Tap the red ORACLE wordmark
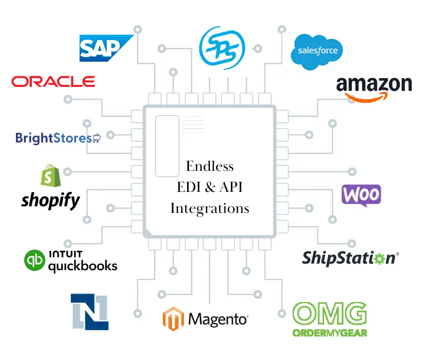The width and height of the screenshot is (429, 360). click(x=53, y=82)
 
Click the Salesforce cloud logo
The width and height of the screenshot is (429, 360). click(x=317, y=51)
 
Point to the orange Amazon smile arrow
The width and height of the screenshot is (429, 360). click(x=367, y=97)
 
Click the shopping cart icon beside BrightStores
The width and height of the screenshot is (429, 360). click(x=96, y=138)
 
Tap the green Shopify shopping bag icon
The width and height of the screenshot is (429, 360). click(x=50, y=176)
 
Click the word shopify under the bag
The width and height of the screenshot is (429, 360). click(x=50, y=200)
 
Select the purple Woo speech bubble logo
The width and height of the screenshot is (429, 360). click(x=361, y=196)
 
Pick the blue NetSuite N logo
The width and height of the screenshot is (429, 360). click(x=89, y=312)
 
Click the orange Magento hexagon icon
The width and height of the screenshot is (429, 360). click(x=173, y=319)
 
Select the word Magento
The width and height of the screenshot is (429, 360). click(x=218, y=319)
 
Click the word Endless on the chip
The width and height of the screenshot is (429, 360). click(x=210, y=166)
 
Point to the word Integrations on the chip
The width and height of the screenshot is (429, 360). click(x=210, y=209)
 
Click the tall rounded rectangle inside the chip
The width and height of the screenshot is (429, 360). click(x=167, y=146)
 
